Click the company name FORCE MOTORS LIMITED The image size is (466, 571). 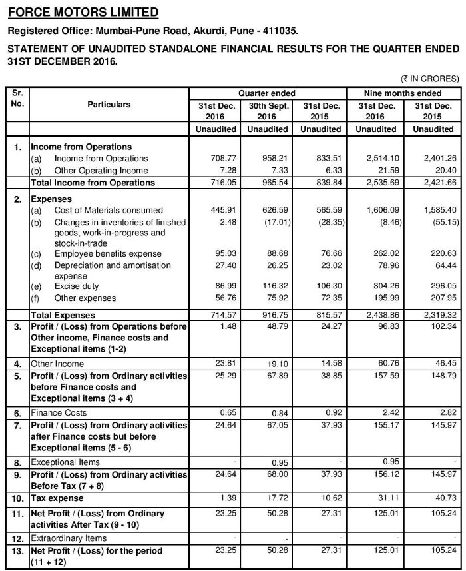coord(83,12)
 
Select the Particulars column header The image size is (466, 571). coord(109,105)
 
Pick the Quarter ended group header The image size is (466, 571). coord(267,93)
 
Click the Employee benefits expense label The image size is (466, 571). coord(108,254)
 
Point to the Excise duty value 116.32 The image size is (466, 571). coord(268,286)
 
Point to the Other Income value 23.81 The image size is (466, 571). coord(218,364)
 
